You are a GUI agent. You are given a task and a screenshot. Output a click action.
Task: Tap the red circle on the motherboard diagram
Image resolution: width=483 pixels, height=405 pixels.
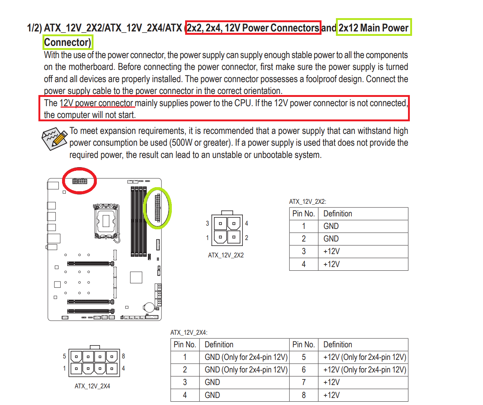79,180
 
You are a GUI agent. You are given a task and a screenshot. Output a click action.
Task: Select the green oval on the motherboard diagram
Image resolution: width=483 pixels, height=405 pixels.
157,208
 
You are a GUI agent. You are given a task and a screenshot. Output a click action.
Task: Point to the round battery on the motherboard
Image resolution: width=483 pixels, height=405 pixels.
149,307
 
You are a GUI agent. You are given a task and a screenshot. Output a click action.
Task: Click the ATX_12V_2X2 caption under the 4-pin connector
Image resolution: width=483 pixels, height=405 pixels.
226,255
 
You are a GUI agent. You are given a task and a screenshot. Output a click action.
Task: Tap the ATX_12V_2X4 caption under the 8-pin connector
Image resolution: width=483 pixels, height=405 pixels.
92,386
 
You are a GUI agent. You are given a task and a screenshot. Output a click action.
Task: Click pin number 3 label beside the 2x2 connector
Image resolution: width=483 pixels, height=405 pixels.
207,223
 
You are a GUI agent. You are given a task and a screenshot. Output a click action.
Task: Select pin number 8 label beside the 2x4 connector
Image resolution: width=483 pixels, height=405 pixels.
123,356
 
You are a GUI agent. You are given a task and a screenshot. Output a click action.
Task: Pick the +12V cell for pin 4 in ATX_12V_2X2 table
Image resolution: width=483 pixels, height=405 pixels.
331,264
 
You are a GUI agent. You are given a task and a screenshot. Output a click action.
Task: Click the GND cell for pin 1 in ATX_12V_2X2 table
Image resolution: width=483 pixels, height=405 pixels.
331,226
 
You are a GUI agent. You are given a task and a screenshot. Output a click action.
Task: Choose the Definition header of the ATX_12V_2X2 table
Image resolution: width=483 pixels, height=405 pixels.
337,214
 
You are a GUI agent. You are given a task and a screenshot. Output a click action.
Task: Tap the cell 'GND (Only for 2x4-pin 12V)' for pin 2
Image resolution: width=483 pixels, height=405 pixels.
246,370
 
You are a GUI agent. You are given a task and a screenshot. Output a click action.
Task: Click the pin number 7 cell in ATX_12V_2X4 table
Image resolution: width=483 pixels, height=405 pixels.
303,382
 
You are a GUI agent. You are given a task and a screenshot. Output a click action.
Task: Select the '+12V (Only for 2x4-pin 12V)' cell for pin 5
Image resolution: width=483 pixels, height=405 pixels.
364,357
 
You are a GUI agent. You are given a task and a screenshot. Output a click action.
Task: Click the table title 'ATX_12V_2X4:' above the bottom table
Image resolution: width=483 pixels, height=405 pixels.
189,333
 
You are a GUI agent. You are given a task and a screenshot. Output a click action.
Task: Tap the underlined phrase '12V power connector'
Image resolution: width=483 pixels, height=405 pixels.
96,103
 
